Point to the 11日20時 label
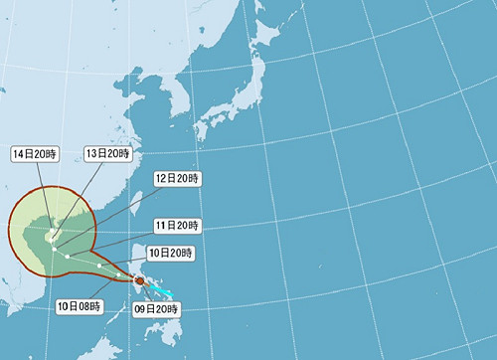(x=177, y=226)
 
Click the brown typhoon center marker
(x=138, y=281)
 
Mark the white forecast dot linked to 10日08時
(x=118, y=274)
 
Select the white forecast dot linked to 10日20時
(x=99, y=266)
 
